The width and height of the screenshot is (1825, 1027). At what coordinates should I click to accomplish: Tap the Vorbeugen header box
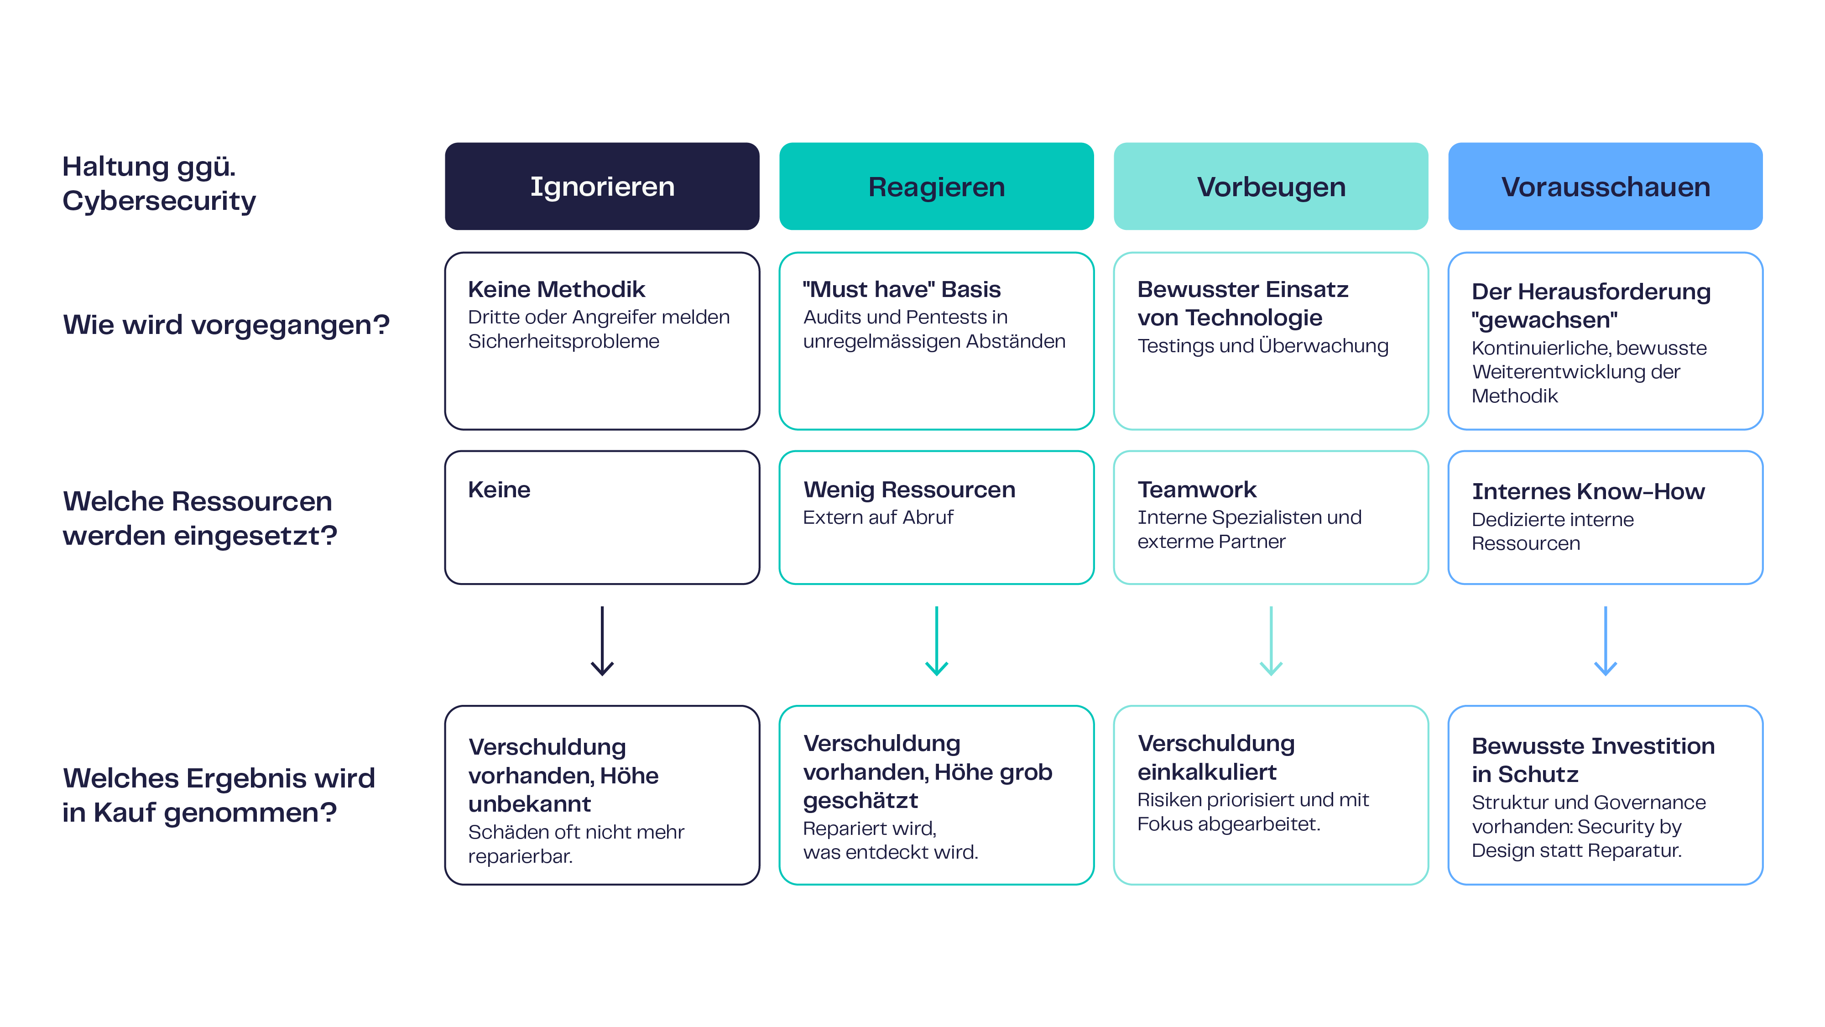[1271, 186]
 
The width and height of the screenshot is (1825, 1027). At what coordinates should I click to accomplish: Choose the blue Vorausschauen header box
[1606, 186]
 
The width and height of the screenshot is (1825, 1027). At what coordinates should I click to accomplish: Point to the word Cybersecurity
[159, 201]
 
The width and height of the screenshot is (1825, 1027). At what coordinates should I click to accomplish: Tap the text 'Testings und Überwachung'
[1262, 346]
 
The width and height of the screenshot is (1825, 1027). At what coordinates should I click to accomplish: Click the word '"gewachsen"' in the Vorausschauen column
[1544, 320]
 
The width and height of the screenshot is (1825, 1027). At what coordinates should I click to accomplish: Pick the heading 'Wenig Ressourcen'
[909, 490]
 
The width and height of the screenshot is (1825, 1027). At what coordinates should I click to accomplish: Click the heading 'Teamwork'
[1197, 490]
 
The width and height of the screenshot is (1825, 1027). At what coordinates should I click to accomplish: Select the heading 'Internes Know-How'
[1588, 491]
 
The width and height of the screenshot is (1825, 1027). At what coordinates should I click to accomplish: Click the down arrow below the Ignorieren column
[602, 641]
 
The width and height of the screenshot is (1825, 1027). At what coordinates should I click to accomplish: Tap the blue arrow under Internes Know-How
[1606, 641]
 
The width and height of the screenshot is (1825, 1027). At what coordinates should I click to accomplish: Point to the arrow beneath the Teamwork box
[1271, 641]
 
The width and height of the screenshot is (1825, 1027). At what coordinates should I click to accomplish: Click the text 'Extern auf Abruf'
[878, 518]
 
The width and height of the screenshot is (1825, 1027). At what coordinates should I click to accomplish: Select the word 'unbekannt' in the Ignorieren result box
[529, 804]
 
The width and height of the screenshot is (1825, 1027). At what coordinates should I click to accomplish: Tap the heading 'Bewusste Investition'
[1593, 746]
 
